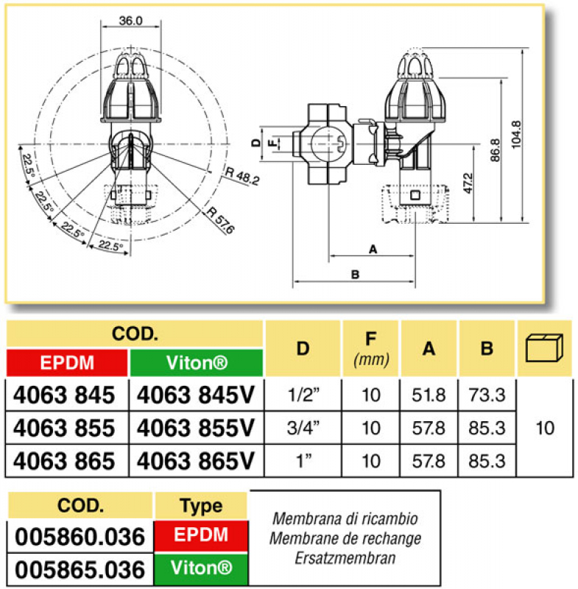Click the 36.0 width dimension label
pyautogui.click(x=131, y=21)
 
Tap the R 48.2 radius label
pyautogui.click(x=242, y=176)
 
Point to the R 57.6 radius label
pyautogui.click(x=220, y=219)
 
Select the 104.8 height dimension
pyautogui.click(x=517, y=135)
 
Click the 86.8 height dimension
pyautogui.click(x=496, y=150)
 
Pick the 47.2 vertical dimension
pyautogui.click(x=468, y=183)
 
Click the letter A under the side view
pyautogui.click(x=373, y=249)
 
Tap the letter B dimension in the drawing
pyautogui.click(x=355, y=275)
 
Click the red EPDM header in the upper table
pyautogui.click(x=67, y=363)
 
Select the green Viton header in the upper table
pyautogui.click(x=197, y=363)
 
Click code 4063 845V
pyautogui.click(x=196, y=395)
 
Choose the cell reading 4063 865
pyautogui.click(x=64, y=461)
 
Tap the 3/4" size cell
pyautogui.click(x=303, y=428)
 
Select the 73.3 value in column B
pyautogui.click(x=487, y=395)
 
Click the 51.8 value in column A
pyautogui.click(x=429, y=395)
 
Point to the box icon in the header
pyautogui.click(x=544, y=348)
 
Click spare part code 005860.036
pyautogui.click(x=80, y=537)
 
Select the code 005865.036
pyautogui.click(x=80, y=570)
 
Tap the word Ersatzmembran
pyautogui.click(x=345, y=558)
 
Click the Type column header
pyautogui.click(x=201, y=506)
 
